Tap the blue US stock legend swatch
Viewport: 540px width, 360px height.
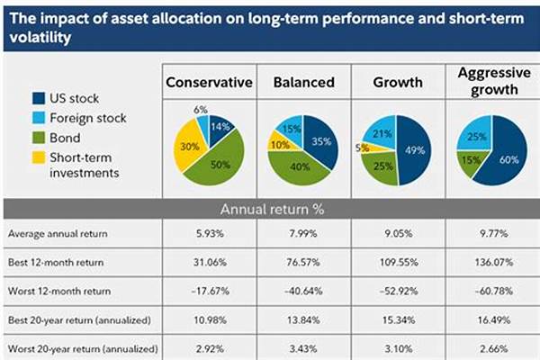click(x=39, y=99)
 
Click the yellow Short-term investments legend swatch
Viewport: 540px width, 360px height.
click(x=39, y=158)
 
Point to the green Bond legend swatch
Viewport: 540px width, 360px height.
click(x=39, y=139)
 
